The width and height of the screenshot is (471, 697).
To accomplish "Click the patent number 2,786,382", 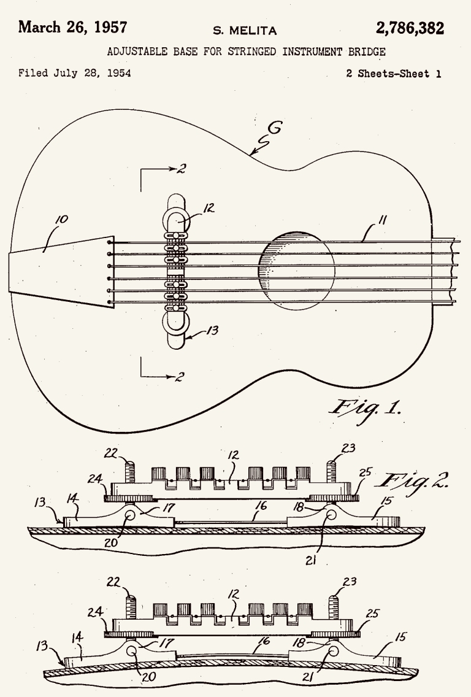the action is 410,28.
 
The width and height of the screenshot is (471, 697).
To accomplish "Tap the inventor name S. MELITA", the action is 245,31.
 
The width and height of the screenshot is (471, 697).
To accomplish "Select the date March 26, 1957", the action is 72,27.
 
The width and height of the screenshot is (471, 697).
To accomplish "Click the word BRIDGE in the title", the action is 367,52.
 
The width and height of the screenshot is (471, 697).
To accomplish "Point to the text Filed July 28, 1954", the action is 75,73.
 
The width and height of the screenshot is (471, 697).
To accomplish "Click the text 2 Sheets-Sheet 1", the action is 394,74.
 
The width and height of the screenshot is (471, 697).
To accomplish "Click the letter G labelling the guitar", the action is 275,128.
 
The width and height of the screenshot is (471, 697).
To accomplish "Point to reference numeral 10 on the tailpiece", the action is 61,219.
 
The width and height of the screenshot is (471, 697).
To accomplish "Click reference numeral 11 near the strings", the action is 381,220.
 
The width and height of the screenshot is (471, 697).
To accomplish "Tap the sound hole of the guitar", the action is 296,270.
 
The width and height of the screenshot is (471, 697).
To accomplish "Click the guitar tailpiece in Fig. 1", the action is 61,271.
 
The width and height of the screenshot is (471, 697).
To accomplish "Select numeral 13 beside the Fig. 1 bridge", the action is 213,330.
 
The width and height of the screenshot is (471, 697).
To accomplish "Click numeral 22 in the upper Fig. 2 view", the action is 111,453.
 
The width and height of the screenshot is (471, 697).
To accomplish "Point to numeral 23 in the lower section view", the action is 349,582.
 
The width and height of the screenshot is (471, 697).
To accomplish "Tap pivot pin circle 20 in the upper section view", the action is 131,515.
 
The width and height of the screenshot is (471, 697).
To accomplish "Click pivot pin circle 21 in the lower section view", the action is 332,652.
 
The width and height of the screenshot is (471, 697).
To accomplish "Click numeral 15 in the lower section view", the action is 400,637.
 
